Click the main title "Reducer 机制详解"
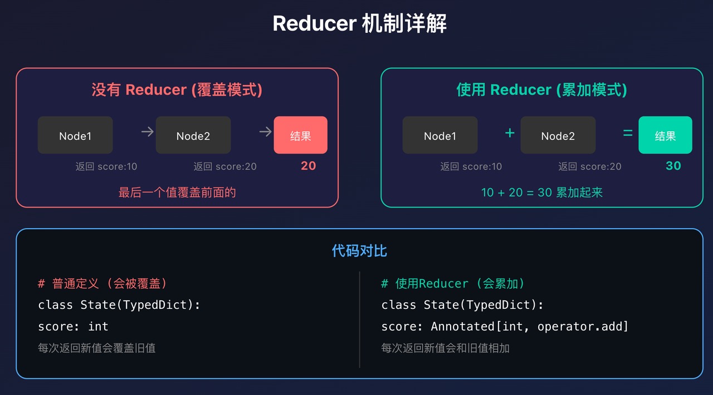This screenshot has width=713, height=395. pyautogui.click(x=359, y=24)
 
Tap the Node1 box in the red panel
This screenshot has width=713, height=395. pyautogui.click(x=75, y=135)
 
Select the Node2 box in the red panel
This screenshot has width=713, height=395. pyautogui.click(x=193, y=135)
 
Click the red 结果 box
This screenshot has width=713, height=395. pyautogui.click(x=300, y=135)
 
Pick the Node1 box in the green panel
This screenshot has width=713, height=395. pyautogui.click(x=440, y=135)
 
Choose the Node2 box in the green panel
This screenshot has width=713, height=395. pyautogui.click(x=558, y=135)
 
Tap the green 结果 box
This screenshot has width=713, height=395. pyautogui.click(x=665, y=135)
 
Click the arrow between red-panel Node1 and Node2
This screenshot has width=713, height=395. pyautogui.click(x=147, y=132)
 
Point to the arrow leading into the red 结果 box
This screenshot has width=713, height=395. pyautogui.click(x=265, y=132)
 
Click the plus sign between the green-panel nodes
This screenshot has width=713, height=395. pyautogui.click(x=509, y=133)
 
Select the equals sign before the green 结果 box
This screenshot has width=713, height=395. pyautogui.click(x=628, y=133)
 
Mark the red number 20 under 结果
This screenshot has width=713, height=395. pyautogui.click(x=308, y=166)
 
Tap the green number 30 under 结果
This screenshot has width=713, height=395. pyautogui.click(x=673, y=166)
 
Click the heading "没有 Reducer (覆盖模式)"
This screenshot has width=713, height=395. pyautogui.click(x=177, y=90)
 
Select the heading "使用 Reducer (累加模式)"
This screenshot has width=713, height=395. pyautogui.click(x=541, y=90)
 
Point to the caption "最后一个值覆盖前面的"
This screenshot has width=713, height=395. pyautogui.click(x=177, y=192)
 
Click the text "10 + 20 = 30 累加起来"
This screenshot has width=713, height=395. pyautogui.click(x=541, y=192)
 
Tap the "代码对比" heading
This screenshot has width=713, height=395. pyautogui.click(x=359, y=251)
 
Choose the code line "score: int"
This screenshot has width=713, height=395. pyautogui.click(x=73, y=327)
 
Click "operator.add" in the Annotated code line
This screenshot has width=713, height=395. pyautogui.click(x=582, y=327)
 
